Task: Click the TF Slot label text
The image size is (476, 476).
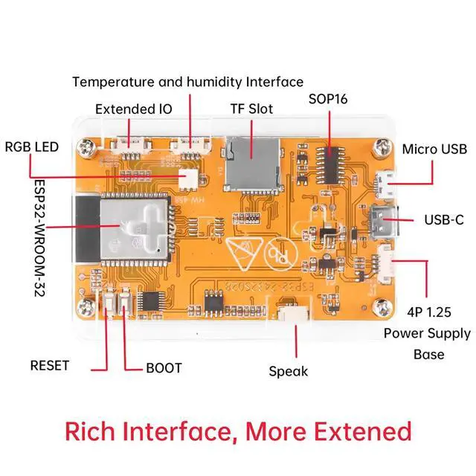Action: (x=251, y=109)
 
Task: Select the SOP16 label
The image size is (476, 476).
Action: (x=329, y=99)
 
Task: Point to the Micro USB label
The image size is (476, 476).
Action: (x=434, y=149)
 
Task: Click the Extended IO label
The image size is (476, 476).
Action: (x=134, y=109)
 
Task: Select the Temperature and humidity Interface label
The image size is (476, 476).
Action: (x=188, y=81)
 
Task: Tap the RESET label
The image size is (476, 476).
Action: (x=49, y=365)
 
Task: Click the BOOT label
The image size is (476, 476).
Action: (x=163, y=367)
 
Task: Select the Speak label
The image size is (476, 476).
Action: (x=288, y=371)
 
